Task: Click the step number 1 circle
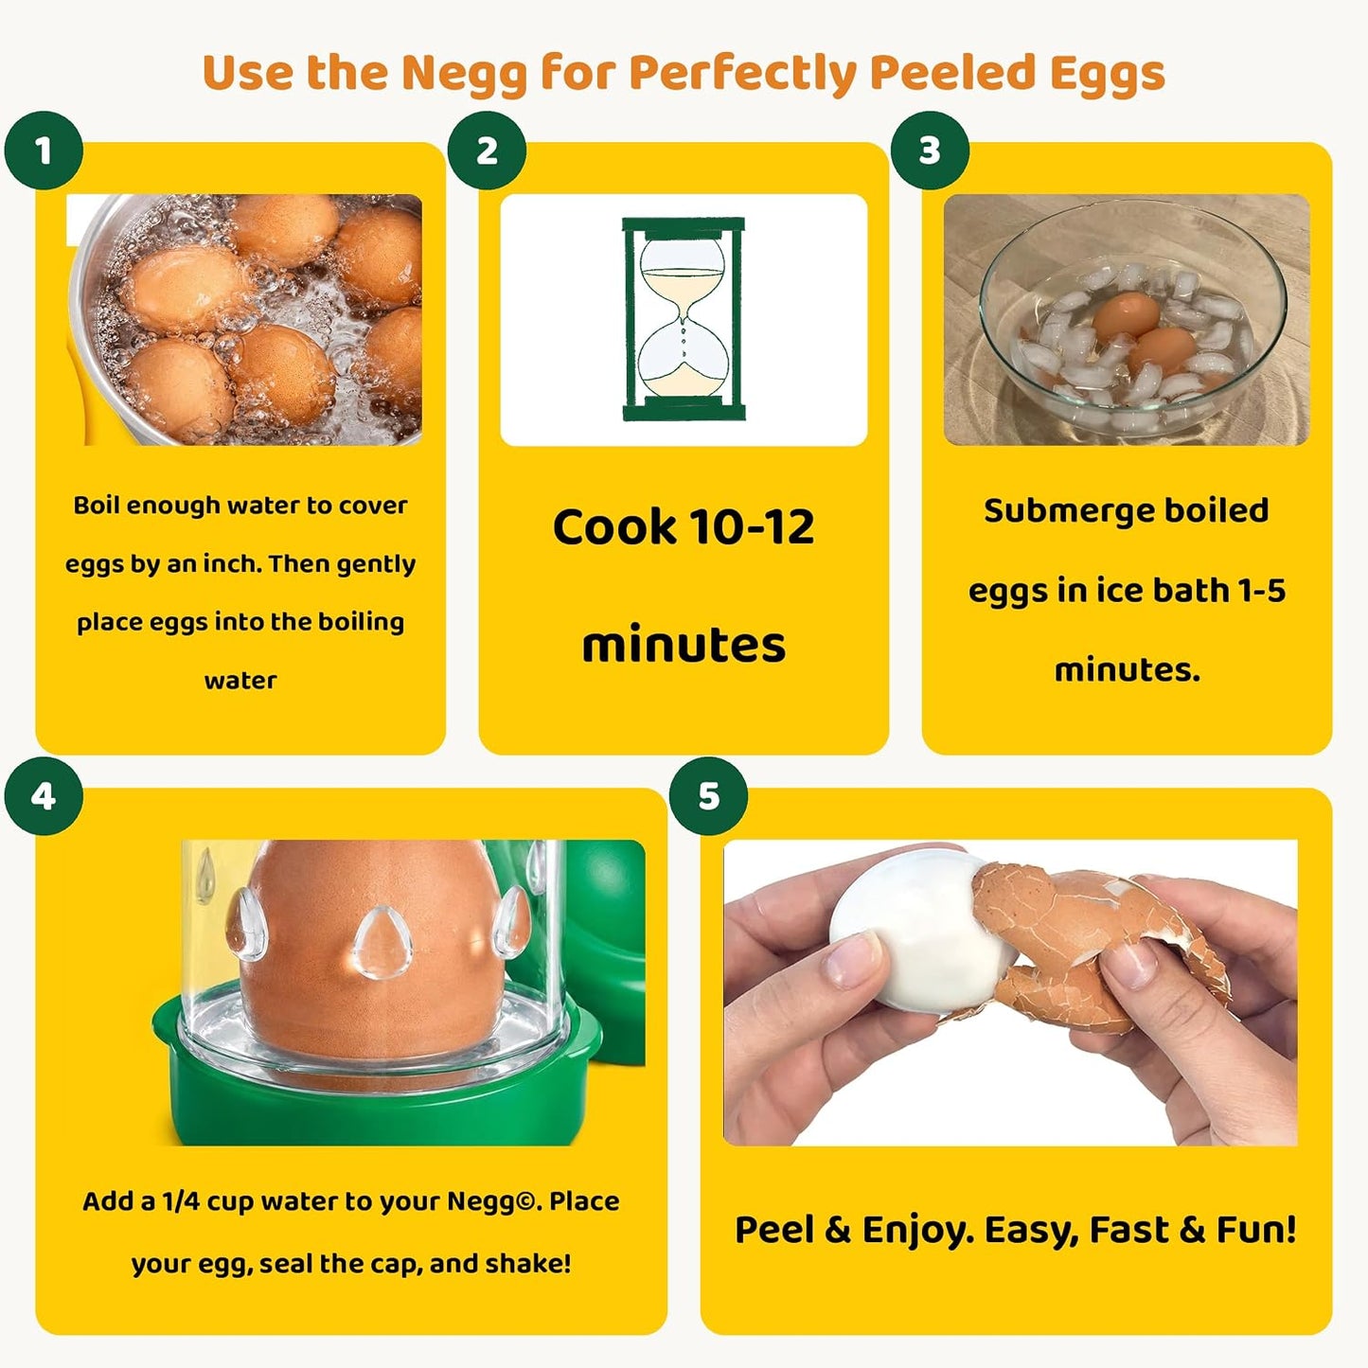point(44,151)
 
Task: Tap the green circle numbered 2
point(487,151)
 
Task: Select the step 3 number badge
point(930,151)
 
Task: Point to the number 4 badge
point(44,796)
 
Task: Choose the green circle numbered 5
point(708,796)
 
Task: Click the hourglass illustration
point(684,319)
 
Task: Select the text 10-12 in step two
point(751,527)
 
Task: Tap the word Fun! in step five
point(1256,1230)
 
